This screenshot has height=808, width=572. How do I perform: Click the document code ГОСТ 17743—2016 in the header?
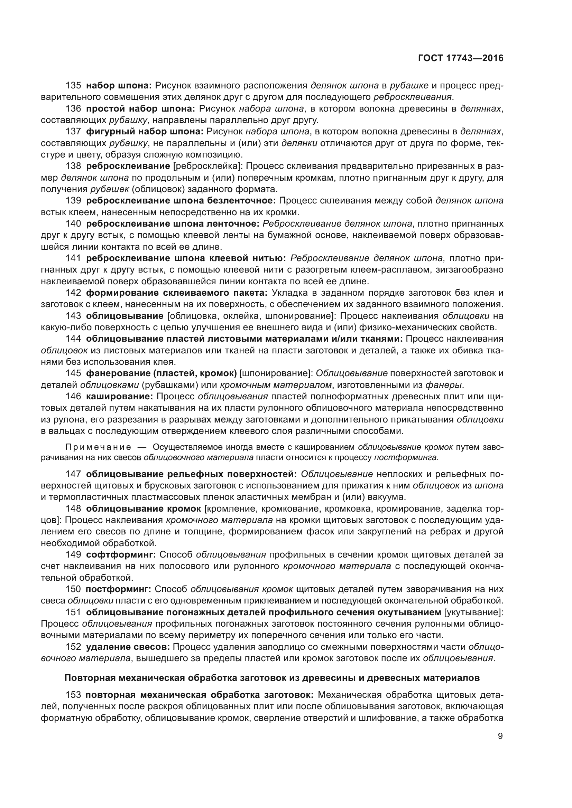pos(461,58)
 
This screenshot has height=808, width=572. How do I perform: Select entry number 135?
pos(73,86)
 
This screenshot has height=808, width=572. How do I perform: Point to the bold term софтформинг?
pos(121,555)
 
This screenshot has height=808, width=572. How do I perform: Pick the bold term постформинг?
pos(118,589)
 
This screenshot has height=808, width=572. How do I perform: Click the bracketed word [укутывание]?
pos(474,612)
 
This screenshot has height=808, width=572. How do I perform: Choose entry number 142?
pos(73,293)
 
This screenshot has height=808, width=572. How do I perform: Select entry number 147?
pos(73,474)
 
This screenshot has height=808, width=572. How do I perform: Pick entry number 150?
pos(73,589)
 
